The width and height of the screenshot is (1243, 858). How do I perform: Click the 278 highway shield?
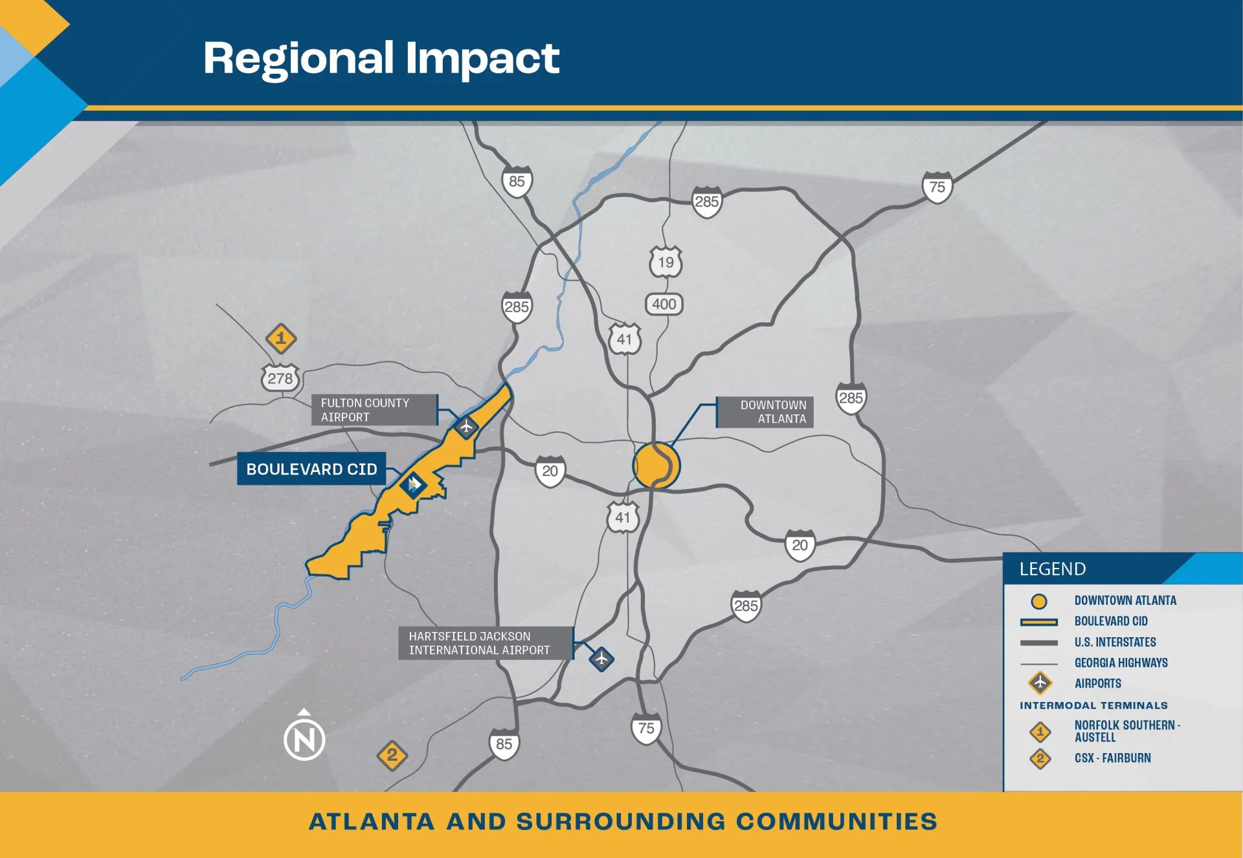click(x=280, y=378)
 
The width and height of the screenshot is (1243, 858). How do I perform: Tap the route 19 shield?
click(x=666, y=262)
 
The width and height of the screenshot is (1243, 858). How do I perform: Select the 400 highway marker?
click(x=664, y=304)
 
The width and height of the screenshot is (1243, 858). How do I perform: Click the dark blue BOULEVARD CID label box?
click(x=311, y=469)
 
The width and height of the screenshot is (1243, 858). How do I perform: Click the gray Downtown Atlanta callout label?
click(x=765, y=412)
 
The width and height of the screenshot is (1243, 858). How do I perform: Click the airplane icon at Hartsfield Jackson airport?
click(x=601, y=659)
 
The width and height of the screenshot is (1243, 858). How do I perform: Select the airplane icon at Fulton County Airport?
click(x=466, y=427)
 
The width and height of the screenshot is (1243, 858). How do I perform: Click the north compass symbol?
click(x=304, y=738)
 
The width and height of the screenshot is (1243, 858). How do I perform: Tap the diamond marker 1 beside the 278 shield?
click(x=281, y=338)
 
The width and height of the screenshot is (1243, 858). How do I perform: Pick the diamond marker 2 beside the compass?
click(x=392, y=756)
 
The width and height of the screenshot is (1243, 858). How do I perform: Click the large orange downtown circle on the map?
click(x=656, y=466)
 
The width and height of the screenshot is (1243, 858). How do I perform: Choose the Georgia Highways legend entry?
click(x=1121, y=662)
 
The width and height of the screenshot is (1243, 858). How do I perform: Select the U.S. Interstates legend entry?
click(x=1115, y=642)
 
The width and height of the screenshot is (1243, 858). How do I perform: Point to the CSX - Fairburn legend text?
click(x=1113, y=758)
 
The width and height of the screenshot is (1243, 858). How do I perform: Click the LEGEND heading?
click(x=1053, y=569)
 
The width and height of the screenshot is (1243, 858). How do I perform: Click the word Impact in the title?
click(x=482, y=59)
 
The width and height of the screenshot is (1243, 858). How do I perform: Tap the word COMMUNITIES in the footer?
click(x=836, y=821)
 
